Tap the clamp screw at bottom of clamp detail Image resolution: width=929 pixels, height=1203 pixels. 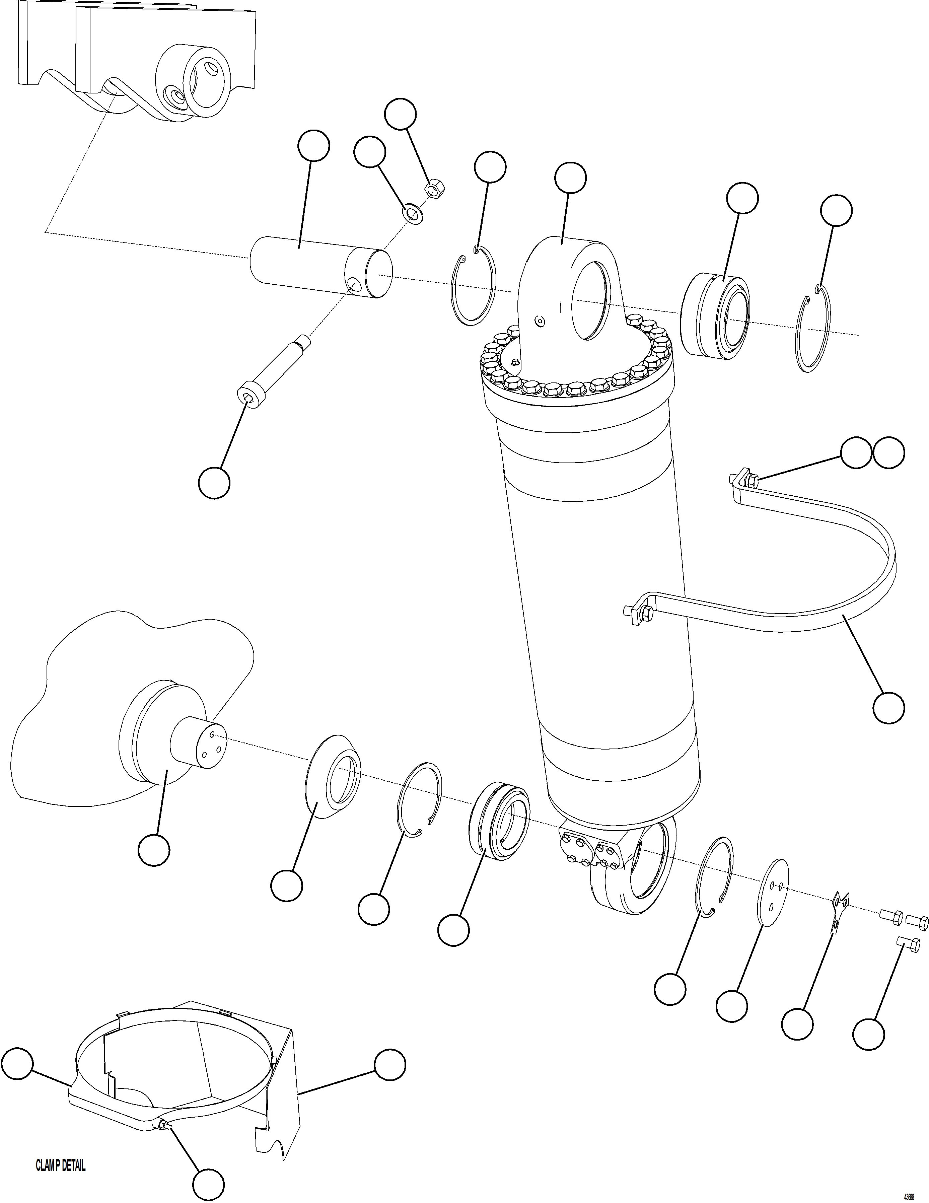(163, 1126)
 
